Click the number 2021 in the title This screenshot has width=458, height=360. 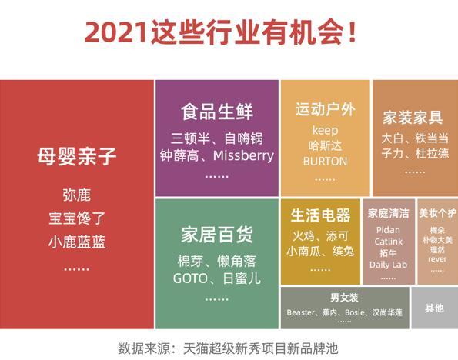115,33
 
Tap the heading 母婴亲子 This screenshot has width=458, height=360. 76,157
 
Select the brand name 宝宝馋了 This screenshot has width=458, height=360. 76,218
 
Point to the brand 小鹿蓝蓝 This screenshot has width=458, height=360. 76,242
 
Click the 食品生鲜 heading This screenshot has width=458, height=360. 217,112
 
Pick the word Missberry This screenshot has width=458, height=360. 243,155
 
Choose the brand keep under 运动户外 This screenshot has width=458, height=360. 326,130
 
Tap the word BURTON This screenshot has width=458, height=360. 325,162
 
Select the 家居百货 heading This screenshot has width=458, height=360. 217,234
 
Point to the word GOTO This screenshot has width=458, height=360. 191,278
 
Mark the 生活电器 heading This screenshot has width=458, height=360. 320,215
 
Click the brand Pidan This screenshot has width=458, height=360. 388,230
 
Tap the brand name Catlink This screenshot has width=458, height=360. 388,242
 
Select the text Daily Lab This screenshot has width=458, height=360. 388,265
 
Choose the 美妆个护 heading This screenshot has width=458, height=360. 437,213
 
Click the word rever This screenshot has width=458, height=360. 437,259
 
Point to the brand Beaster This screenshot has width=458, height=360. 301,312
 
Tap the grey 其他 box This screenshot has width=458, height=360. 434,308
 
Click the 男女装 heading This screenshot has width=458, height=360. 344,297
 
